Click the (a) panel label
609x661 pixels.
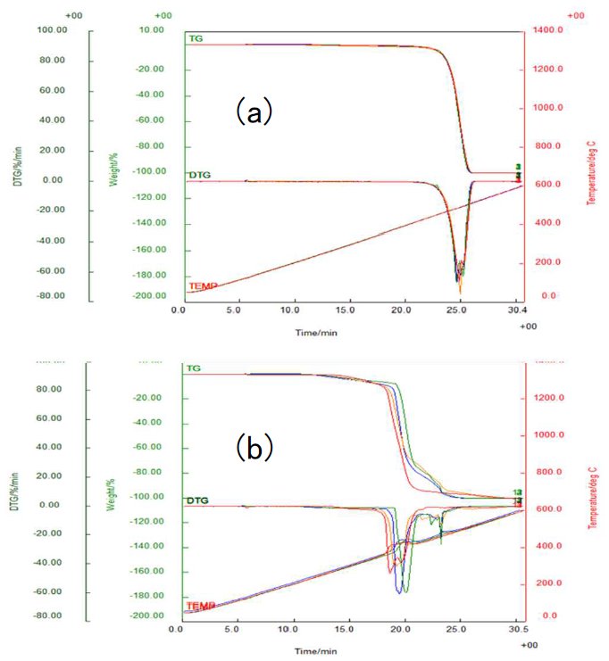(253, 113)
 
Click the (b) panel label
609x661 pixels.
(253, 447)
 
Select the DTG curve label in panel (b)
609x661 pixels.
(197, 500)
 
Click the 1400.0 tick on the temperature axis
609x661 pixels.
(547, 30)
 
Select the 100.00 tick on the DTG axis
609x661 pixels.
(52, 30)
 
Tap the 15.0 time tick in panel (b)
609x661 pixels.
(348, 630)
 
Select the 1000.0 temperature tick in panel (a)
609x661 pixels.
(547, 108)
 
